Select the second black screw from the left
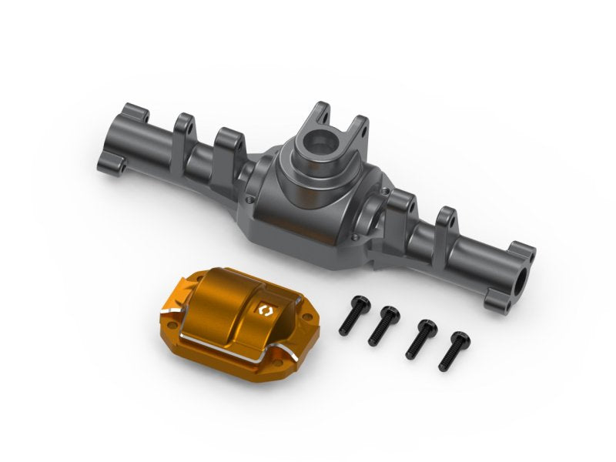[383, 323]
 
